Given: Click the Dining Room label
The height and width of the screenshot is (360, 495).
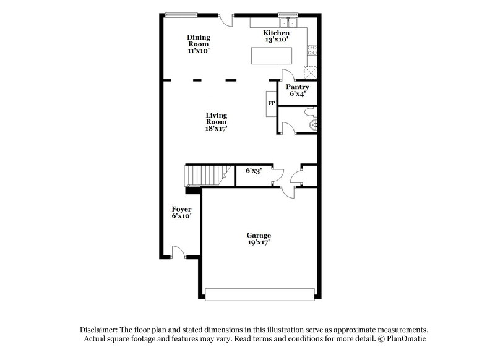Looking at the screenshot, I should (198, 44).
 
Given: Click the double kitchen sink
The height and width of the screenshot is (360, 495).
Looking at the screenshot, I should (288, 24).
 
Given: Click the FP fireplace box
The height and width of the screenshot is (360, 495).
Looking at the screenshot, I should (271, 103).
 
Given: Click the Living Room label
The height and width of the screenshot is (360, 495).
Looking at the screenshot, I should (217, 122).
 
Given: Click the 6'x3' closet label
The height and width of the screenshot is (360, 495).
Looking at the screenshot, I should (254, 171).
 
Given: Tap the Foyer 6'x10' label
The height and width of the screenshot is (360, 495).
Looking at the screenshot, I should (181, 213).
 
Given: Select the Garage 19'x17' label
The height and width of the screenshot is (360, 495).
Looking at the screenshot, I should (259, 239).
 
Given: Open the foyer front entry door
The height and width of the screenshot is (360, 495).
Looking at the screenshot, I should (178, 252).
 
